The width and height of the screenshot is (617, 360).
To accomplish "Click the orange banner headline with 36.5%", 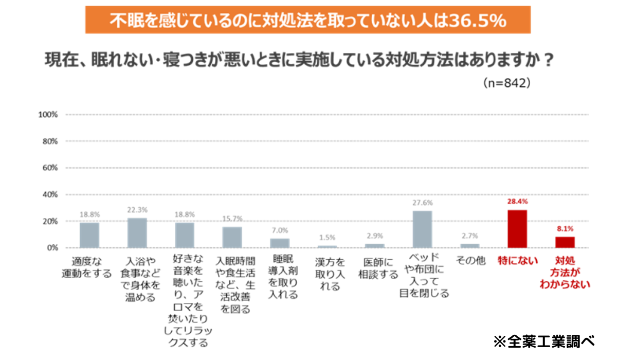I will (308, 21).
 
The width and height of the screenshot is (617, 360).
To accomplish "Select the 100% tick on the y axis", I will (48, 114).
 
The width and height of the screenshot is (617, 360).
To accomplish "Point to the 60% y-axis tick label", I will (49, 168).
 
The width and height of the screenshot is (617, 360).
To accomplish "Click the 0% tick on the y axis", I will (51, 248).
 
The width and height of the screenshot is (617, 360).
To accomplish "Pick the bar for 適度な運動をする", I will (89, 235).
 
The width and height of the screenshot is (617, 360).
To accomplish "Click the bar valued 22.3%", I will (137, 233).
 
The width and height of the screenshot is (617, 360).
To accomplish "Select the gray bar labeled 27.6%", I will (422, 229).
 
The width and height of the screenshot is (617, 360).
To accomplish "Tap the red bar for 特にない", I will (517, 229).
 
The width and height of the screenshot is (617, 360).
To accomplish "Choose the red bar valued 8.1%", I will (565, 242).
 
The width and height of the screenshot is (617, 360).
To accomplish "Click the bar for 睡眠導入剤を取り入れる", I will (280, 243).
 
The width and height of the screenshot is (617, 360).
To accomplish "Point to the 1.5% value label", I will (327, 238).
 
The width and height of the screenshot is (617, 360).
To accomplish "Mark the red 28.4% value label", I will (517, 202).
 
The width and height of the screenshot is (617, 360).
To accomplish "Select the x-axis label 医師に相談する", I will (378, 268).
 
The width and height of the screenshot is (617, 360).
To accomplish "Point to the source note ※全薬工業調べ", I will (544, 341).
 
